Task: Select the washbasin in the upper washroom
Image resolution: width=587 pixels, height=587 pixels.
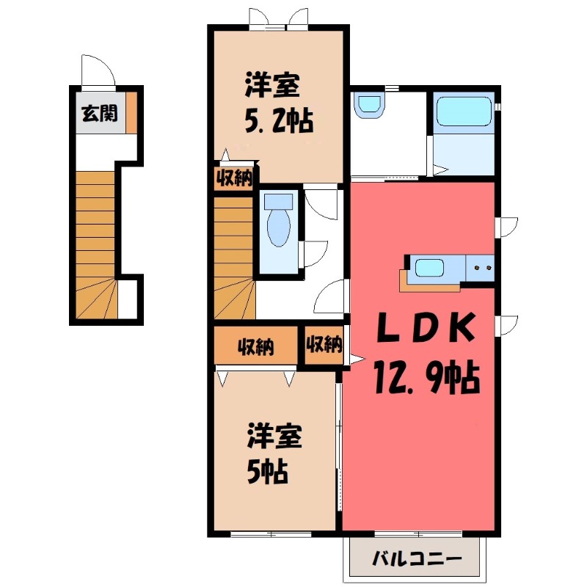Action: point(368,105)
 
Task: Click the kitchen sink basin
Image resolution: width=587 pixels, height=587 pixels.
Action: point(430,268)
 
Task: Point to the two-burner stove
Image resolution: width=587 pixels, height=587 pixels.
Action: point(482,268)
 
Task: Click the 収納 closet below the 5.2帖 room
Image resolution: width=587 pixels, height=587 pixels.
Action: point(234,178)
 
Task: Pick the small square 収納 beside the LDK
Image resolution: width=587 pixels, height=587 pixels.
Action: point(324,345)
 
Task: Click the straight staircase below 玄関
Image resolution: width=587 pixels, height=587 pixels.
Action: point(95,220)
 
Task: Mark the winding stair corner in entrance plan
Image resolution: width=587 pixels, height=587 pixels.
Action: point(95,299)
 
